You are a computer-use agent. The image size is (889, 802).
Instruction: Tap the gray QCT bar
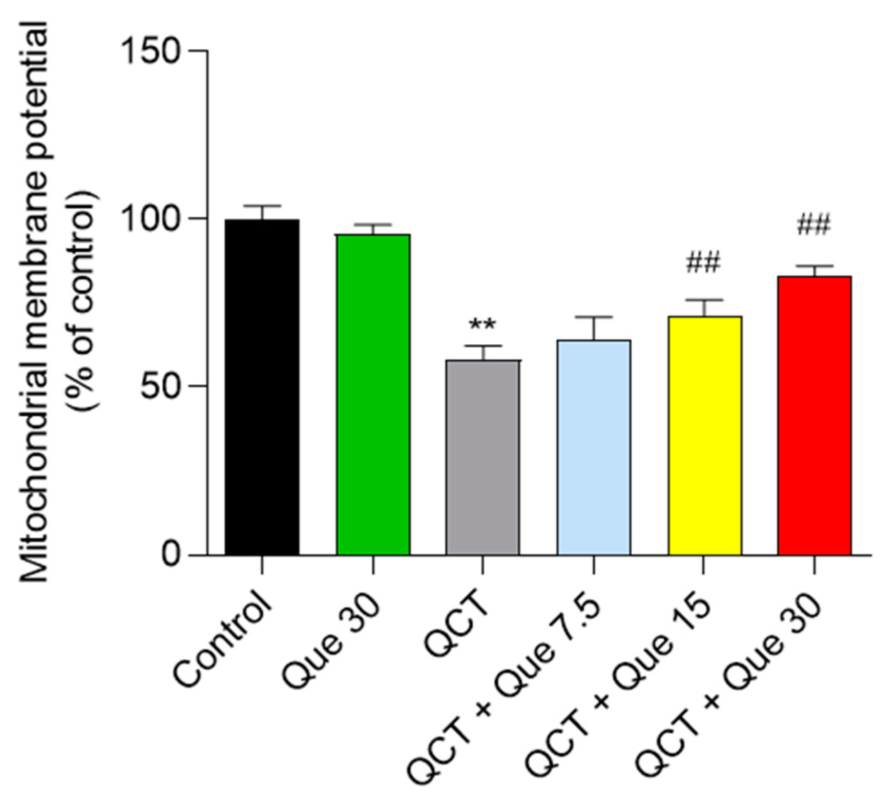(x=483, y=457)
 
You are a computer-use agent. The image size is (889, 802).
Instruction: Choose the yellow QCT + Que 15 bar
(x=705, y=435)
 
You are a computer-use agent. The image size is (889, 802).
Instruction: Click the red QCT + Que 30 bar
(x=814, y=415)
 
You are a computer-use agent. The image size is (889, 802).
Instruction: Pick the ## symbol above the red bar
(x=814, y=226)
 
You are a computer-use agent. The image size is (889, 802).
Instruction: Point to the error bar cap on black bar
(x=262, y=206)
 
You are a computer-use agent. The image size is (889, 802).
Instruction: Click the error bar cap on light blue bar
(x=594, y=317)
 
